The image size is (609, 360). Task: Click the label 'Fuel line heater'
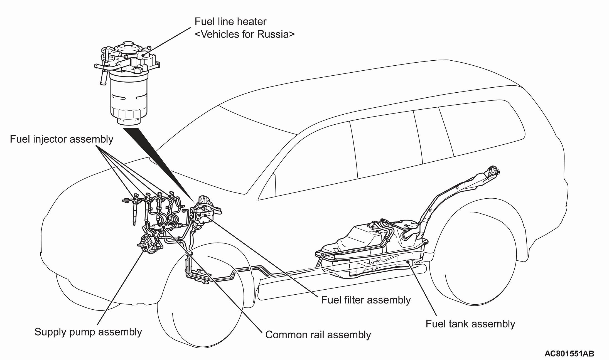[230, 22]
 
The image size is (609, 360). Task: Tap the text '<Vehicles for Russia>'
[244, 34]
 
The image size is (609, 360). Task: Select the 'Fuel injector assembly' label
[62, 139]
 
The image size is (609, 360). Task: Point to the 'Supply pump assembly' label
[88, 332]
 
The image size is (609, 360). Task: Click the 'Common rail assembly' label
[318, 335]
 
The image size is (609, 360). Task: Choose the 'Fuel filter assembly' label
[366, 300]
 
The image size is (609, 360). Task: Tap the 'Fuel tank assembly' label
[470, 324]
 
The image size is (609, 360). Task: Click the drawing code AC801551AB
[569, 354]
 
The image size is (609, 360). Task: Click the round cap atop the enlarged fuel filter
[128, 45]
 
